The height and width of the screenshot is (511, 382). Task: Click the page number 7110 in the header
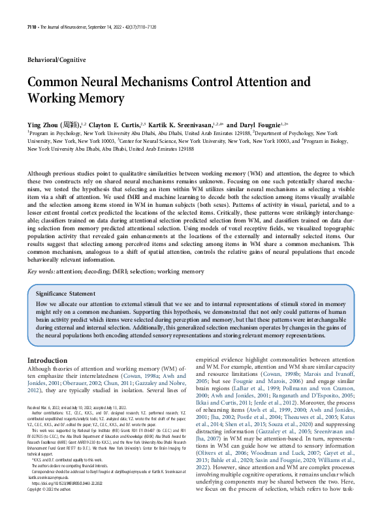[x=32, y=26]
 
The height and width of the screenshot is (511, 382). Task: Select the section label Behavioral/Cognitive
[x=56, y=60]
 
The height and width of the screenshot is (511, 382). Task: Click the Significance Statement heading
[x=71, y=294]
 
